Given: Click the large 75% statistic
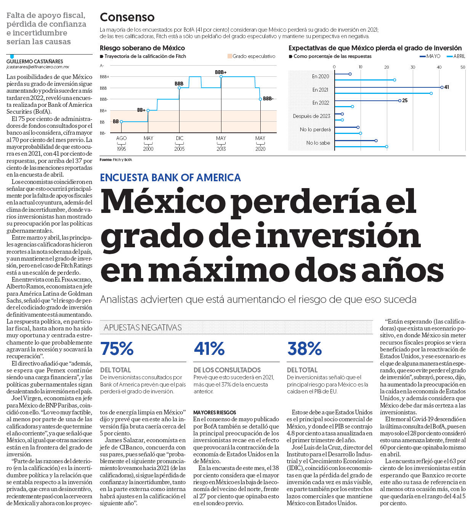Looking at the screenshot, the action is point(117,348).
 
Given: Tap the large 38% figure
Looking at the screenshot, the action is point(304,348).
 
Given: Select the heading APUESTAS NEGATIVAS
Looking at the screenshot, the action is point(143,327).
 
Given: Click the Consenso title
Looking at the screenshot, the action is point(127,17).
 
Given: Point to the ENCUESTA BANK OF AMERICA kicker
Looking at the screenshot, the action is point(170,177).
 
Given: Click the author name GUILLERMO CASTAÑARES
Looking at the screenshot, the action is point(35,61).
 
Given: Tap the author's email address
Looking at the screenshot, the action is point(38,67).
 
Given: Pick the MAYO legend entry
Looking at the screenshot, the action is point(430,56).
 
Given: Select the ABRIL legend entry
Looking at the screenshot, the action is point(456,56).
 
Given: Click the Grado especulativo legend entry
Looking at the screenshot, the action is point(251,56).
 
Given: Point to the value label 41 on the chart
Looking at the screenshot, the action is point(446,87).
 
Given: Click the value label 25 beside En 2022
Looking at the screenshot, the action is point(405,100).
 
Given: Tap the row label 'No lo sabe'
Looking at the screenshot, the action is point(318,143).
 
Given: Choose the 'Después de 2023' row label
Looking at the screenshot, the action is point(311,116).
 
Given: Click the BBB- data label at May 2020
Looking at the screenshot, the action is point(268,99).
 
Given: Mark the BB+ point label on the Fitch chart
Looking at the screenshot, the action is point(141,110).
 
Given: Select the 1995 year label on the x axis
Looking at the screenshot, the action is point(121,149).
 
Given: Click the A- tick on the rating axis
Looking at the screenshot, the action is point(102,66).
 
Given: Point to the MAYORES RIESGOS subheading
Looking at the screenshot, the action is point(215,412).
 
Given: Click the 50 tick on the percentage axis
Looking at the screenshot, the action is point(463,67).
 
